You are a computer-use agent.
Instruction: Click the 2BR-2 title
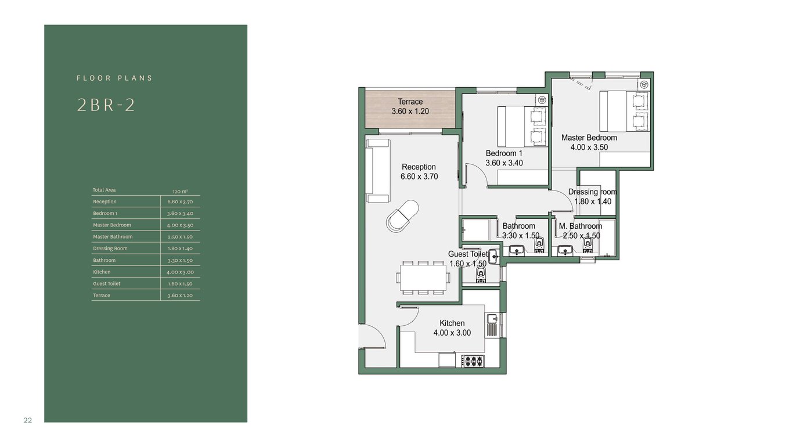click(106, 105)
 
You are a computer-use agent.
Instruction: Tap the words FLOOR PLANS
click(114, 78)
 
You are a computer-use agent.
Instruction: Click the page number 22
click(28, 420)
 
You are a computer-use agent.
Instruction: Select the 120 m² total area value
click(180, 192)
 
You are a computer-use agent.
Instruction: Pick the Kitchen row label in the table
click(102, 272)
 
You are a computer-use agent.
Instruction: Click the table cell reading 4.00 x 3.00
click(180, 272)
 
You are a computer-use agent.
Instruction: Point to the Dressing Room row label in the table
click(110, 249)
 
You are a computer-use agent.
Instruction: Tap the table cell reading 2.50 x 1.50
click(180, 236)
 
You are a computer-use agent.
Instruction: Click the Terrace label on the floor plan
click(410, 102)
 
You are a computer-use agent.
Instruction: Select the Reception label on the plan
click(419, 167)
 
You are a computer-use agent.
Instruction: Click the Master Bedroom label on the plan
click(589, 138)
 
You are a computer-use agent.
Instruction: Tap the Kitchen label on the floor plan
click(452, 323)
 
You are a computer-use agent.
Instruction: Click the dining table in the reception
click(423, 278)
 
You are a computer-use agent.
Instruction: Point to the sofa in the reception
click(378, 171)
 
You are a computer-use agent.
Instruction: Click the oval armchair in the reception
click(402, 216)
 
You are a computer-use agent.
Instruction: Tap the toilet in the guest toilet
click(481, 275)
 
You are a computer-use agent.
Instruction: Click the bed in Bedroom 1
click(522, 127)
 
